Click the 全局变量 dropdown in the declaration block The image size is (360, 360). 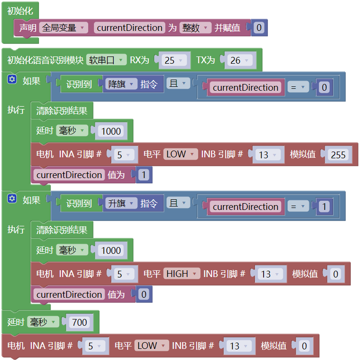click(64, 28)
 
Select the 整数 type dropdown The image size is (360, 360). click(195, 28)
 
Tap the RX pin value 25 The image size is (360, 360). click(174, 60)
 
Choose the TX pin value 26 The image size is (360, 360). click(240, 60)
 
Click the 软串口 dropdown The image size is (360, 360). click(107, 60)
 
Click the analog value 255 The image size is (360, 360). click(338, 154)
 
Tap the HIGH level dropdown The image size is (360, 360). click(181, 274)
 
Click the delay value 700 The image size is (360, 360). click(80, 322)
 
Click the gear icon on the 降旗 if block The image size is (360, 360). click(12, 79)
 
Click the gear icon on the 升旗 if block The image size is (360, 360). click(12, 199)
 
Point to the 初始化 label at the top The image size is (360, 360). click(20, 11)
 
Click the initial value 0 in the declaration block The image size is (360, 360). click(259, 28)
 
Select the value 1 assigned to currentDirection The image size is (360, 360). click(144, 175)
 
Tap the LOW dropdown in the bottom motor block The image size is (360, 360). click(151, 346)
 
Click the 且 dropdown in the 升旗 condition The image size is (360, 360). click(178, 203)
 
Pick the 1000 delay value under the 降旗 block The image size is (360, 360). click(111, 131)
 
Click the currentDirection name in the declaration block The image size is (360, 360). click(130, 28)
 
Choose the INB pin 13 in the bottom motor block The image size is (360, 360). click(239, 346)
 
